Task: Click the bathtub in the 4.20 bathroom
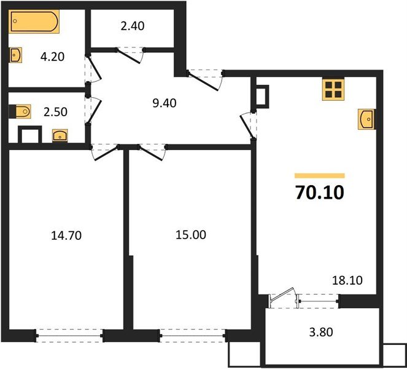34,24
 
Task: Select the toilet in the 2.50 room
20,112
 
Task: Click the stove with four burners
334,90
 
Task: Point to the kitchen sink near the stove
366,118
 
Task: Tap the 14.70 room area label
66,234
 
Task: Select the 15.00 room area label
190,234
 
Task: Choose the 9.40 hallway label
164,103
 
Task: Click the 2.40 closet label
133,26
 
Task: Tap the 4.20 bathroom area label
52,57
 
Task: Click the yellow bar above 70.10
320,175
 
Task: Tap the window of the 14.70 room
68,335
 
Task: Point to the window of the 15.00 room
192,335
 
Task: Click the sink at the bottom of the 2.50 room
60,135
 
